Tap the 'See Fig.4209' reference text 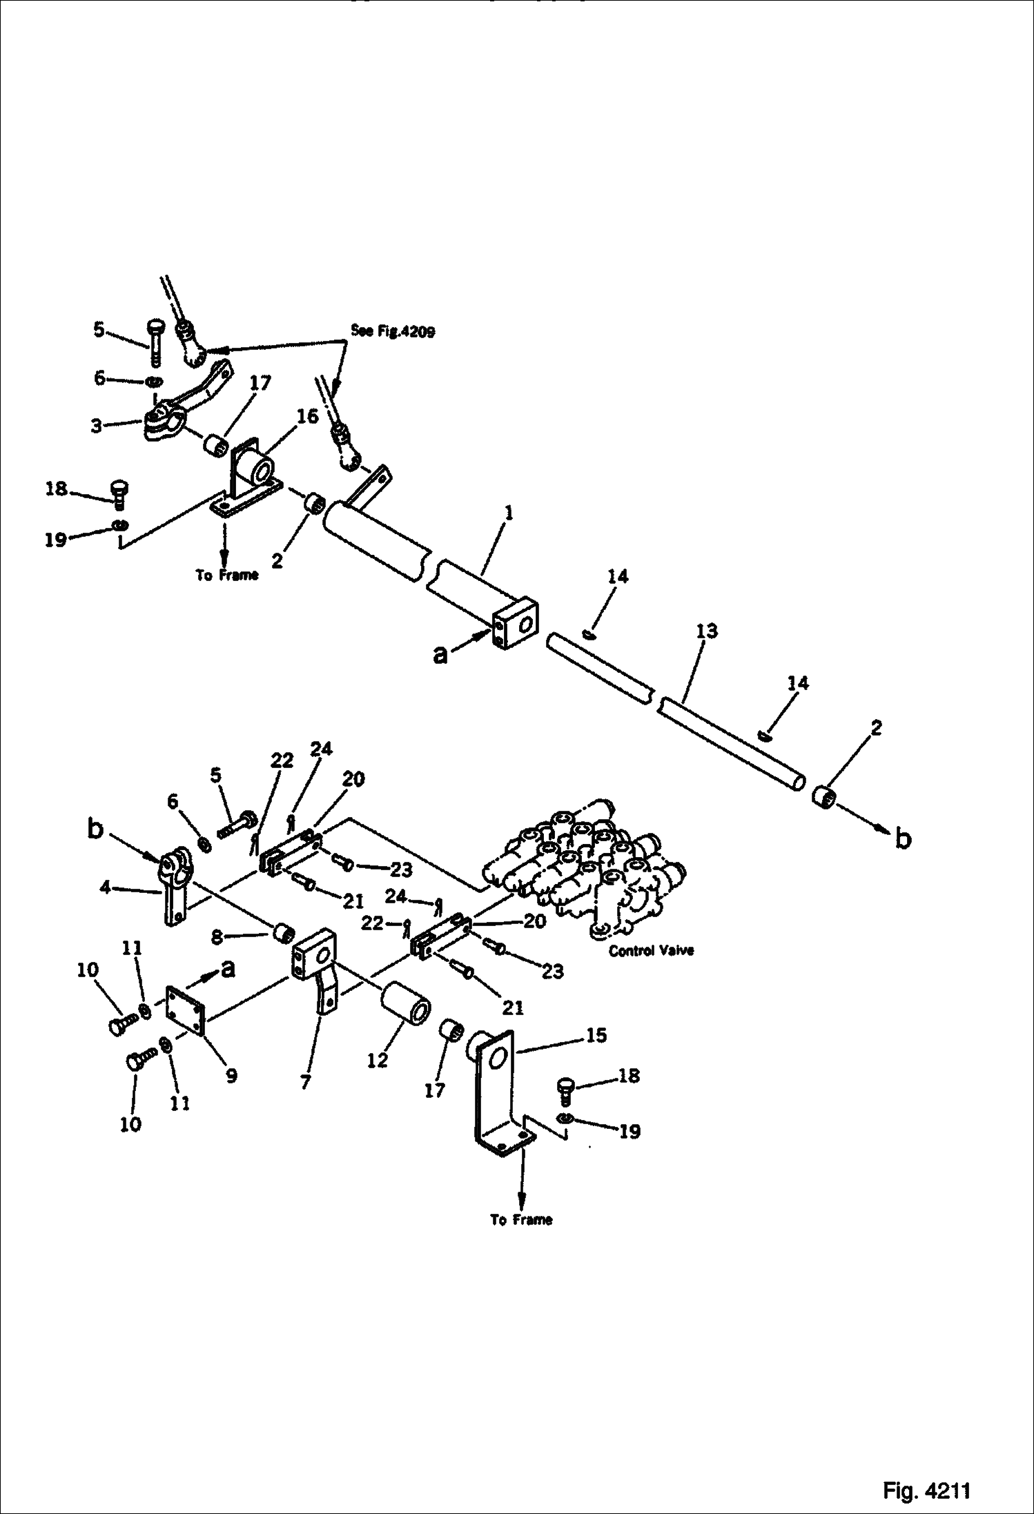point(393,331)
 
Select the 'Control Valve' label point(651,950)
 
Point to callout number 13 point(708,630)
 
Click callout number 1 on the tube point(509,513)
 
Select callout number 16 point(308,416)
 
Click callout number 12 point(378,1061)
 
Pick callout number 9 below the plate point(231,1075)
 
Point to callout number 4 point(105,888)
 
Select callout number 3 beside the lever point(96,426)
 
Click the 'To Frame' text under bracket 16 point(226,575)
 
